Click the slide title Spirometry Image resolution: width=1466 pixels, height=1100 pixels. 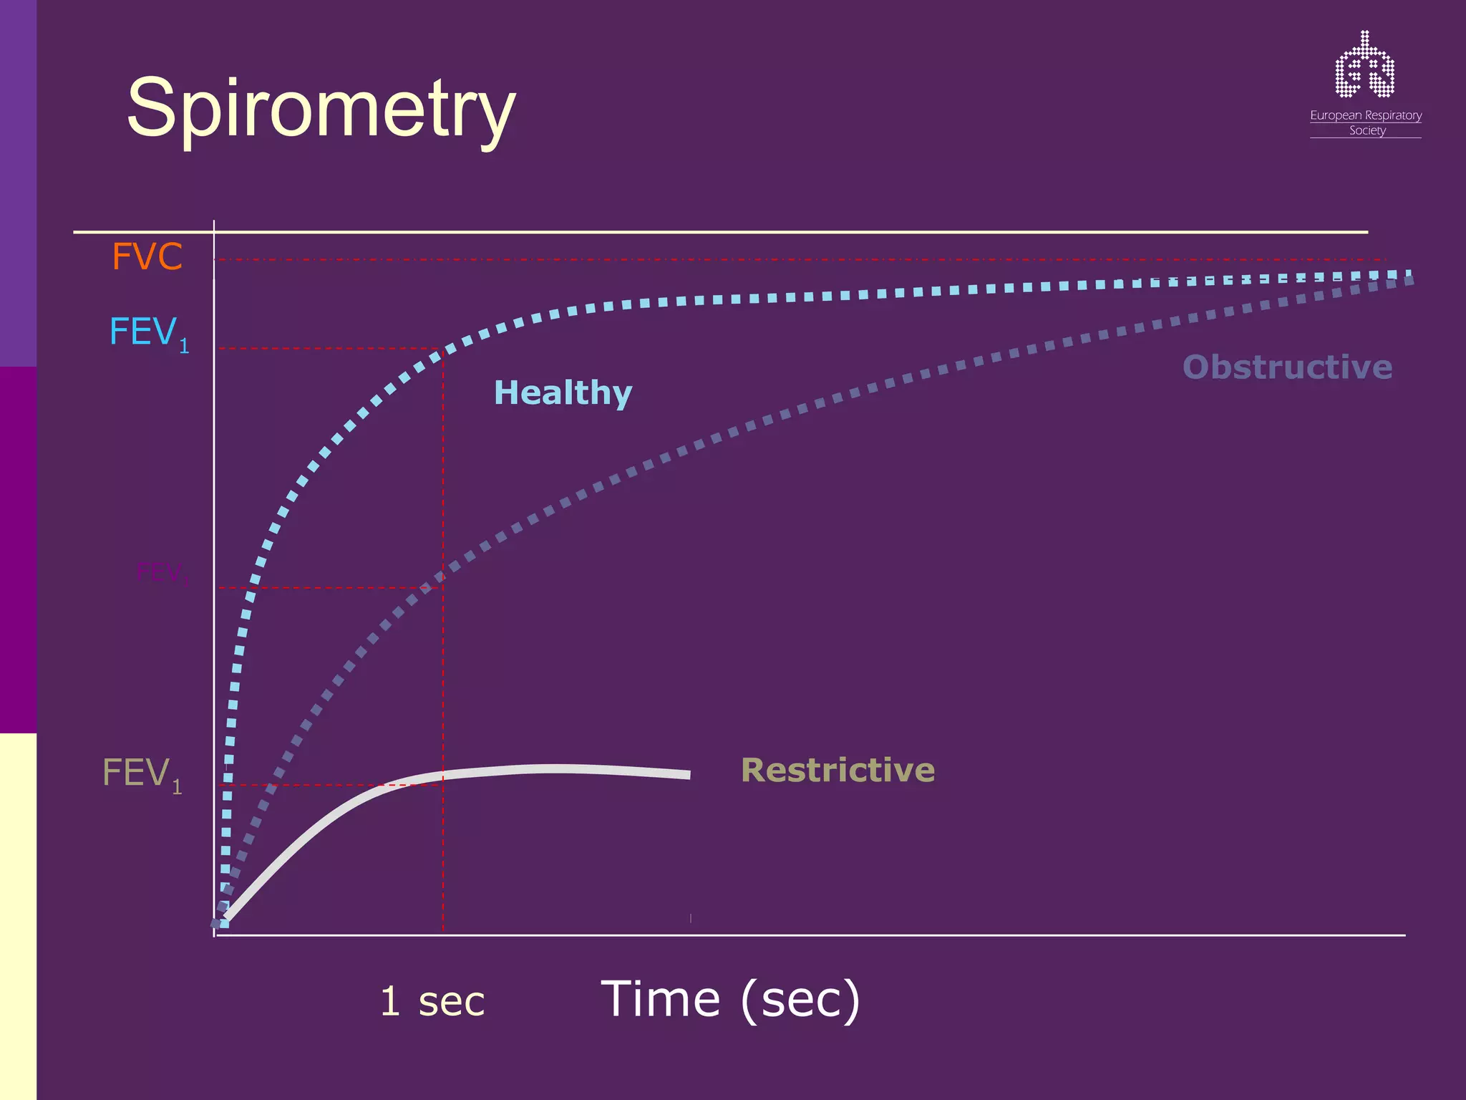pos(321,110)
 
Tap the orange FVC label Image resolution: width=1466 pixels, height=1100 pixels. pos(147,256)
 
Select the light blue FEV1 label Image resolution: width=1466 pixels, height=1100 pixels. pos(148,333)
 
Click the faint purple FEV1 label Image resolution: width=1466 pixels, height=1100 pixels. pos(161,573)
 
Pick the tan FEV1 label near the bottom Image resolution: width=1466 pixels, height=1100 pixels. pos(142,774)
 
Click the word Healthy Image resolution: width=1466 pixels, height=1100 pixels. pos(563,392)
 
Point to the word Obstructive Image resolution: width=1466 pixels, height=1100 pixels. pos(1287,367)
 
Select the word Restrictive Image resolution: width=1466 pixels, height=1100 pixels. pos(838,770)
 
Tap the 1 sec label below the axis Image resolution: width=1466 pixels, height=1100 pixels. pos(432,1000)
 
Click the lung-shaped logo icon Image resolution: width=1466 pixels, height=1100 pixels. pos(1364,66)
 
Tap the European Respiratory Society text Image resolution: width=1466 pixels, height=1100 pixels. pos(1366,122)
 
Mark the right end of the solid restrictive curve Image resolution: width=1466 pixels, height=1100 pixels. pos(689,775)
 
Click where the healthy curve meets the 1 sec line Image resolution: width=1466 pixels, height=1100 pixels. pos(443,350)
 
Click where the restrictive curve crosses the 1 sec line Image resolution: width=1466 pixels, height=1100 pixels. pos(443,775)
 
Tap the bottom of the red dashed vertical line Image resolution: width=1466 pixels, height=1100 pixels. pos(443,930)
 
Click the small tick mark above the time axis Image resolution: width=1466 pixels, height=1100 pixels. pos(690,918)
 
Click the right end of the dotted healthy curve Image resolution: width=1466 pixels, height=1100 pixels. pos(1407,274)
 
